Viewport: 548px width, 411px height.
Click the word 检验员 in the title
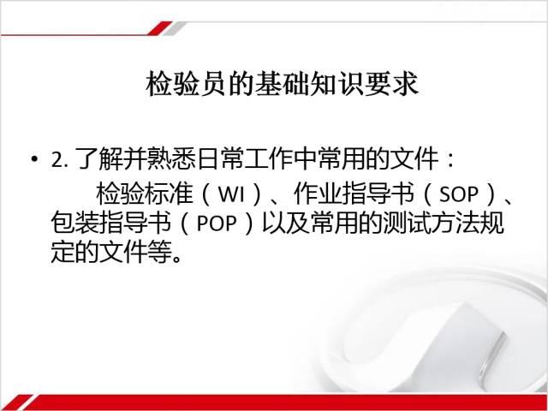tap(186, 84)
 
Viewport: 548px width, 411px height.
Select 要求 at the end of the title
tap(391, 84)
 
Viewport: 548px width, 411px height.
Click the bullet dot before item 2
tap(34, 159)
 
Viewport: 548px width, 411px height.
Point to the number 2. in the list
tap(59, 160)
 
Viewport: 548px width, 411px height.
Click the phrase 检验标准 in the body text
tap(145, 194)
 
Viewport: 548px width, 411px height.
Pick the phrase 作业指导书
tap(354, 194)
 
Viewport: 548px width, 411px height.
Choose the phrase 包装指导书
tap(111, 223)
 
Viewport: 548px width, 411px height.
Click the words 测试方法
tap(431, 223)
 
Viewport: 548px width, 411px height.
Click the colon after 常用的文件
tap(451, 160)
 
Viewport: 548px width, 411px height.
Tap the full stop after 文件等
tap(177, 259)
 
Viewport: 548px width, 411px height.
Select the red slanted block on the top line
tap(159, 28)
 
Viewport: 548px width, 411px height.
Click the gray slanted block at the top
tap(175, 28)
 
